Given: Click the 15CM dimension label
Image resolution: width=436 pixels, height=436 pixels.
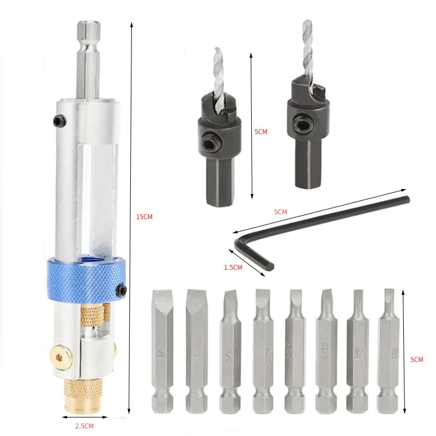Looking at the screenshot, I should tap(144, 217).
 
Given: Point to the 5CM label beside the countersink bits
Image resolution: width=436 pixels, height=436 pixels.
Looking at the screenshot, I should tap(261, 131).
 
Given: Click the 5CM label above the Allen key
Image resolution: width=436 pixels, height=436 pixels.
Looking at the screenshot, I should tap(280, 211).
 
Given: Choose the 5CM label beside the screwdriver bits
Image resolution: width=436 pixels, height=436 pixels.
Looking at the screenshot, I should tap(416, 359).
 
